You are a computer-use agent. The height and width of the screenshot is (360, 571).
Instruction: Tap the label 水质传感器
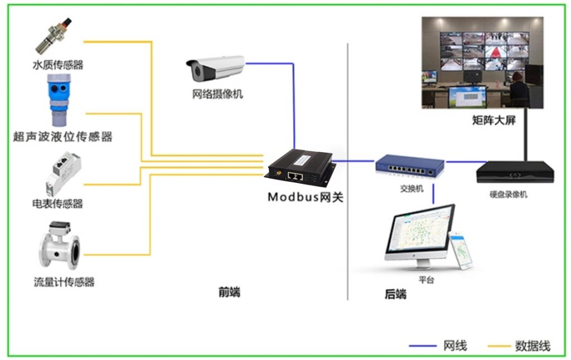pos(57,65)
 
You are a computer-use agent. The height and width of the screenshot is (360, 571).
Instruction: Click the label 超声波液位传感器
pos(62,137)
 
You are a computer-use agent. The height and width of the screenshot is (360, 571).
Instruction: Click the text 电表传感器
pos(57,203)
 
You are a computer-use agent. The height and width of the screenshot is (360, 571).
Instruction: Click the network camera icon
pos(215,68)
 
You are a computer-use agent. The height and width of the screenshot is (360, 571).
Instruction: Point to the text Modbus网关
pos(304,197)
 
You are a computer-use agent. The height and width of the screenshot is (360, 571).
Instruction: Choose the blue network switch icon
pos(409,166)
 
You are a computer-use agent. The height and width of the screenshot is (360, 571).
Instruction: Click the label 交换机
pos(412,188)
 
